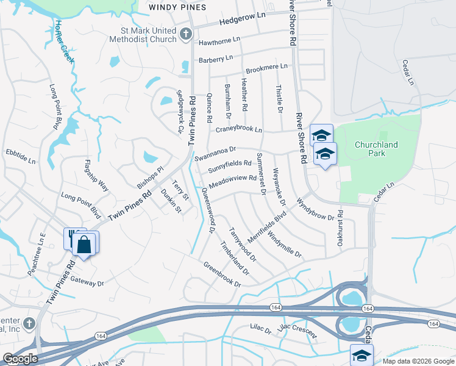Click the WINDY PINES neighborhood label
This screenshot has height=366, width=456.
177,7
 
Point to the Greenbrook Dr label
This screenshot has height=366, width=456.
222,274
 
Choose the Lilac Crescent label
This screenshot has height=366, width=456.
297,332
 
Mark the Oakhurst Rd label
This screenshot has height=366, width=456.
341,229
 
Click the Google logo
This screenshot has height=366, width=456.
20,359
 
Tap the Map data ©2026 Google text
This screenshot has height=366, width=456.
418,361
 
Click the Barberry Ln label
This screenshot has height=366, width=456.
216,59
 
